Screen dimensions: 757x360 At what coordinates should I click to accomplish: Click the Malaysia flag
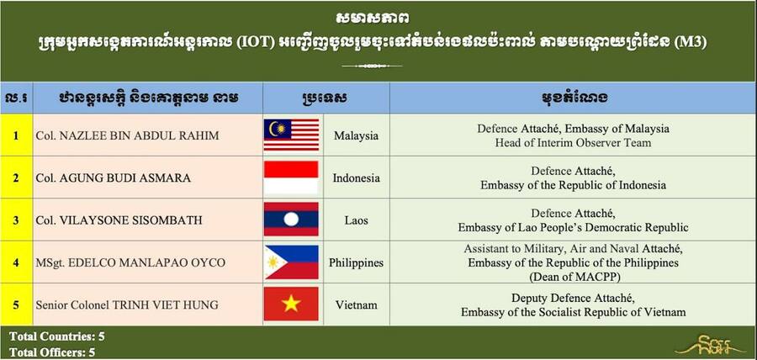(x=291, y=135)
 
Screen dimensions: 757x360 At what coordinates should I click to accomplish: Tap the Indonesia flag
(x=291, y=177)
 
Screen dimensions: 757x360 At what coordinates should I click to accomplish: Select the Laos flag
(x=291, y=220)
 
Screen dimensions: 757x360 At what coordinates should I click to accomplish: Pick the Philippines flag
(x=291, y=262)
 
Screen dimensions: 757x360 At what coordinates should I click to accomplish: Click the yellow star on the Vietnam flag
(x=291, y=304)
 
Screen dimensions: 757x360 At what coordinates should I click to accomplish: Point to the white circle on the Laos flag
(x=291, y=220)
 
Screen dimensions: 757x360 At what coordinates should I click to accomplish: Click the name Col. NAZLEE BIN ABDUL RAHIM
(x=127, y=136)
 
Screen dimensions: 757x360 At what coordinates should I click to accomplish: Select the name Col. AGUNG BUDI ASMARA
(x=113, y=178)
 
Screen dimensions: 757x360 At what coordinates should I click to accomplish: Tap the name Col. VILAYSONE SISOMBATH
(x=119, y=220)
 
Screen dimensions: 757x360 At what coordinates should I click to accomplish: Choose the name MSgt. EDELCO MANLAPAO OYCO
(x=130, y=263)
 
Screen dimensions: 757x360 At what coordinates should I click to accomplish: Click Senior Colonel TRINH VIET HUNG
(x=127, y=305)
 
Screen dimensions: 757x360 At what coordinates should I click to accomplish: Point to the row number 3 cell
(x=16, y=220)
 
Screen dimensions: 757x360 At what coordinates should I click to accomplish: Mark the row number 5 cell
(x=16, y=305)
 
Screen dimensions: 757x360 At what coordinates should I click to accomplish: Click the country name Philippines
(x=357, y=263)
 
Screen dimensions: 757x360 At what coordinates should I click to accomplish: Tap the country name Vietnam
(x=357, y=305)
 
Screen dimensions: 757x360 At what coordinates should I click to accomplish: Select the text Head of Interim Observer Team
(x=573, y=143)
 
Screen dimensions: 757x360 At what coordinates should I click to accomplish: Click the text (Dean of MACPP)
(x=573, y=277)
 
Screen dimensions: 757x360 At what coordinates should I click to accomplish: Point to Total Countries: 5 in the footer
(x=57, y=336)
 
